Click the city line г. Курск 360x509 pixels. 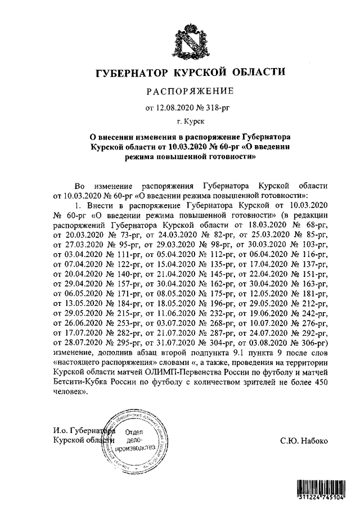click(x=190, y=121)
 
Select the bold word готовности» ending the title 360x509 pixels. click(x=229, y=158)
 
